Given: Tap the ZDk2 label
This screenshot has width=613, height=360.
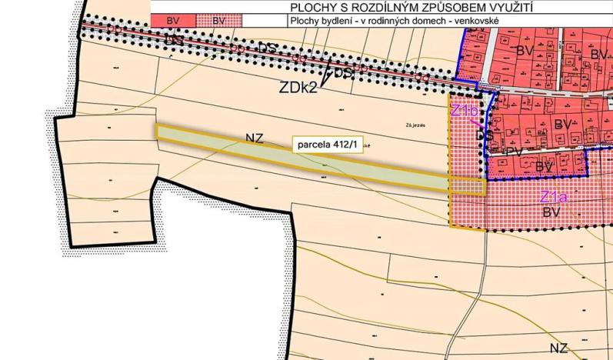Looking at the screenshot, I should coord(297,87).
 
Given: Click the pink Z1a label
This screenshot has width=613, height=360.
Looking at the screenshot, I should coord(553,196).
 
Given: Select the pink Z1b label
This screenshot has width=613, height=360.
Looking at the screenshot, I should coord(464,111).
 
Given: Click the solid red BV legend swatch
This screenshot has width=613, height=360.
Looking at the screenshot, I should coord(173,21).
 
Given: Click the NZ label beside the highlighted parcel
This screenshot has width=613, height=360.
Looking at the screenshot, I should coord(255,138).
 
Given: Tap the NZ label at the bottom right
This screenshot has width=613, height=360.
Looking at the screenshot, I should coord(559,348).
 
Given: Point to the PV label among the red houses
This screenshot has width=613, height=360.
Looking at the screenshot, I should coord(515,152).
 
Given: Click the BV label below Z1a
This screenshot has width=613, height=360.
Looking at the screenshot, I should coord(551,210).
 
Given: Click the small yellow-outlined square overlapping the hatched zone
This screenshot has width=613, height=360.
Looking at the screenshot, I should coord(467,186).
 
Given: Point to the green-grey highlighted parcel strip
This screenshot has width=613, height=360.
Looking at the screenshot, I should coord(308,158).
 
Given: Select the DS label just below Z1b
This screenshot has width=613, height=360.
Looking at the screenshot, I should coord(485,135).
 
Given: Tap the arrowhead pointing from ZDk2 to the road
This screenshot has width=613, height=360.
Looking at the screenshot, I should coord(326,77).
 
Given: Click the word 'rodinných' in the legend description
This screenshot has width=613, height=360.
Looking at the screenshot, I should coord(398,21).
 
